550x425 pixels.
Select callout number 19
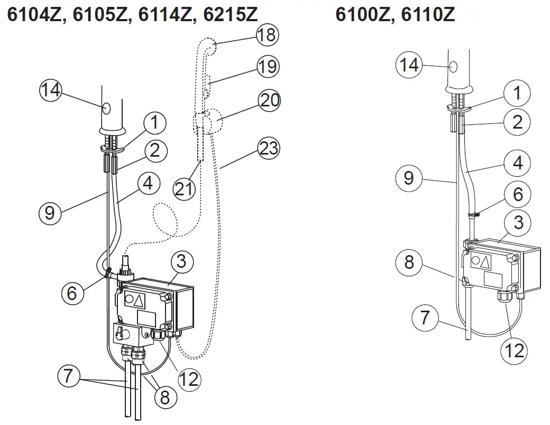tap(268, 67)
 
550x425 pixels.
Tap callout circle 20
tap(269, 100)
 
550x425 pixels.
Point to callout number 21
tap(185, 189)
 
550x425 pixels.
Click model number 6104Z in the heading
tap(34, 15)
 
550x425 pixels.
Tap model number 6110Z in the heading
tap(428, 15)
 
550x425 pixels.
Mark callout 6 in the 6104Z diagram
tap(72, 292)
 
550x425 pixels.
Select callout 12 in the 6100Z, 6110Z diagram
tap(515, 349)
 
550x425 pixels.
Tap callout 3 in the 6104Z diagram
tap(181, 261)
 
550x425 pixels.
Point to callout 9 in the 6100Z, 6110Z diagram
tap(408, 178)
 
